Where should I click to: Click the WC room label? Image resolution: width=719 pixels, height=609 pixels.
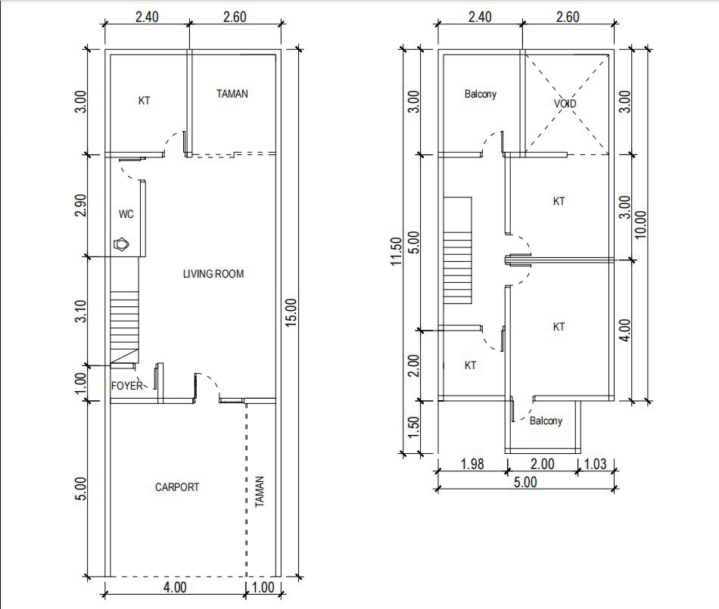pos(126,215)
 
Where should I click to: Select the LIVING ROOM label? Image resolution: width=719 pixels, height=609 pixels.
pos(213,274)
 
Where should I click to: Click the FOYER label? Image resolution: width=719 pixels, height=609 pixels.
pos(127,386)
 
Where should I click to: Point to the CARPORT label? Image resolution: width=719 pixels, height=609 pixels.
pos(177,487)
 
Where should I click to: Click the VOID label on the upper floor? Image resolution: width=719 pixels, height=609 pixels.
pos(565,104)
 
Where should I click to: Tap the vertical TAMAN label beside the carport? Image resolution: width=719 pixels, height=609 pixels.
pos(260,492)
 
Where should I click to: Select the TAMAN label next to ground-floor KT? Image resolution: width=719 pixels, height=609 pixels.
pos(232,95)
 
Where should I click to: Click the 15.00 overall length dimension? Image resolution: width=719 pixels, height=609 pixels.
pos(292,312)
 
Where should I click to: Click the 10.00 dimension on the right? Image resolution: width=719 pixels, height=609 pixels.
pos(641,225)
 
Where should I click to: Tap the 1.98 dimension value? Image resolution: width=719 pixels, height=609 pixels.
pos(472,465)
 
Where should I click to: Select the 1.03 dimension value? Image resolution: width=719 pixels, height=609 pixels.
pos(596,465)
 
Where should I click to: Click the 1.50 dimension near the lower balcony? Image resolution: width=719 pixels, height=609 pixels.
pos(412,427)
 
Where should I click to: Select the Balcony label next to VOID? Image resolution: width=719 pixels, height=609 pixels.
pos(481,95)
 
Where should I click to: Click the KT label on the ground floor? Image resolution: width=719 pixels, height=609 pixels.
pos(144,100)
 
